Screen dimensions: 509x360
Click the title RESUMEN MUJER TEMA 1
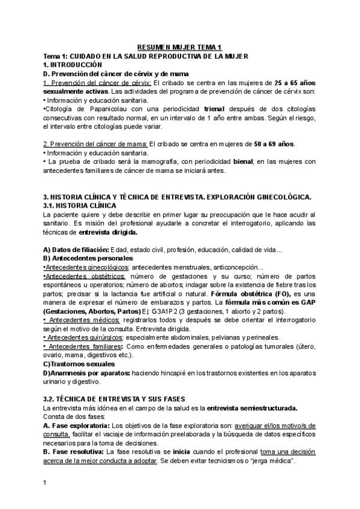(x=179, y=47)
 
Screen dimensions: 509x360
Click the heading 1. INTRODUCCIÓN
(x=73, y=64)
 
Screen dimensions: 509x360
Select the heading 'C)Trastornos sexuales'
(x=78, y=364)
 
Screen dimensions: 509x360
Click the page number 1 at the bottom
(x=45, y=483)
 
